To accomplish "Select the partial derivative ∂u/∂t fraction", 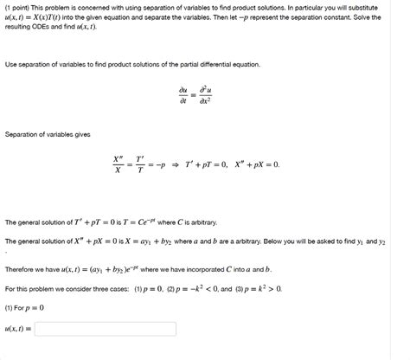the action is [183, 94].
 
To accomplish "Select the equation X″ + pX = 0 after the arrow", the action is [255, 164].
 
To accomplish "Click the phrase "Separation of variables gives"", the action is [47, 134].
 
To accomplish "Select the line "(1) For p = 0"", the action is [25, 307].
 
